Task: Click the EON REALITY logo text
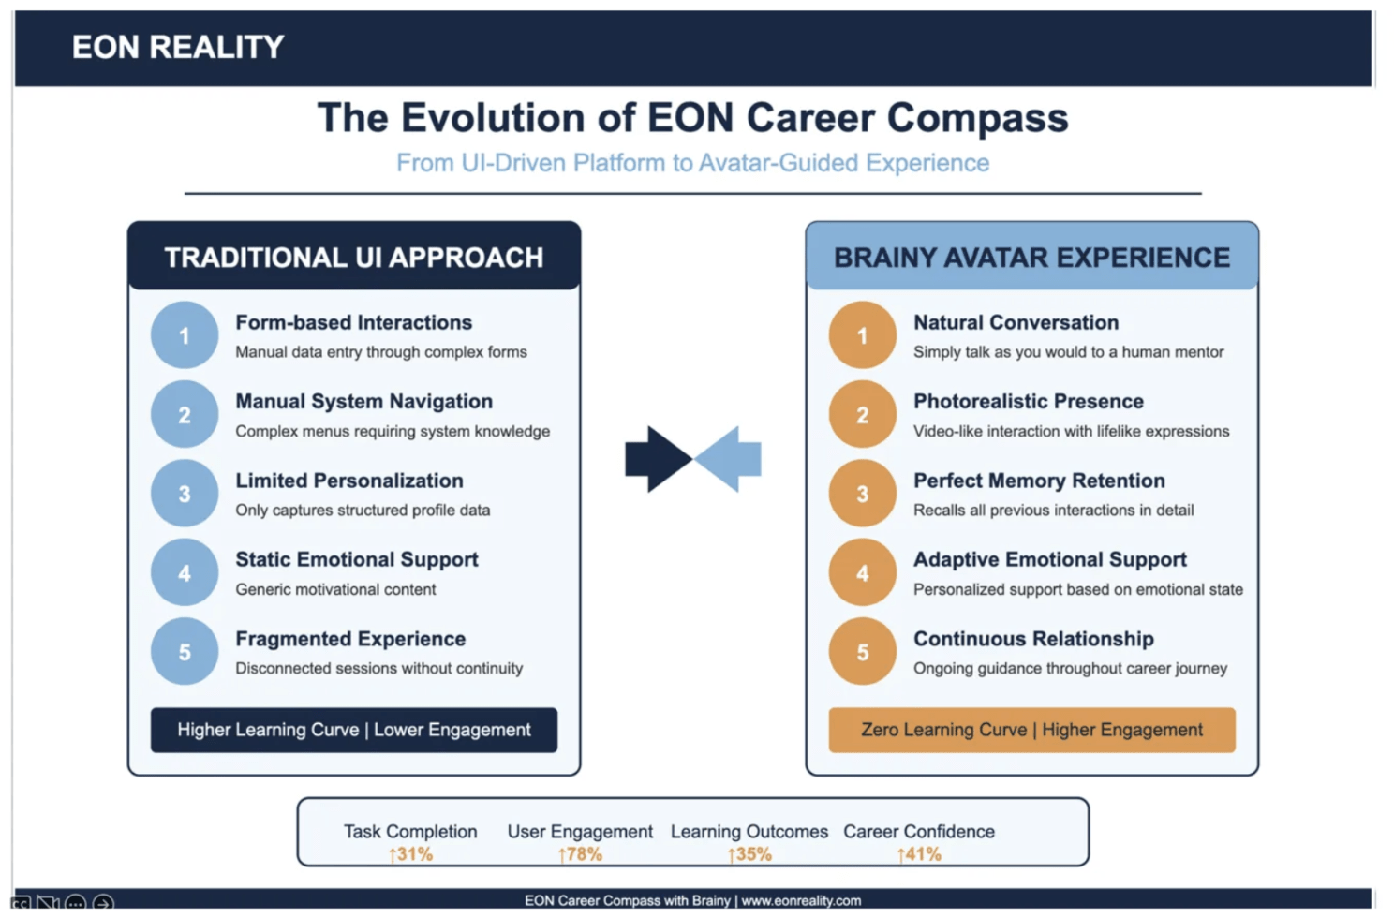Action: click(177, 47)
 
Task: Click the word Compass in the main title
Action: click(978, 118)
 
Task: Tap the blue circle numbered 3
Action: click(185, 493)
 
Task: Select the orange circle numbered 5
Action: click(862, 651)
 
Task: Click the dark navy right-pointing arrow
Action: click(659, 459)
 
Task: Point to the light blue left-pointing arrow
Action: click(728, 459)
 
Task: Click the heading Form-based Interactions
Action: click(353, 322)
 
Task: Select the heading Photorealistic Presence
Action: click(1028, 402)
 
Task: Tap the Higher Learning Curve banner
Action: click(353, 730)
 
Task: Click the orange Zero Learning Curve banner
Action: click(1031, 730)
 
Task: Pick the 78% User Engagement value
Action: click(580, 854)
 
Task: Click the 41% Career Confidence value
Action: click(919, 854)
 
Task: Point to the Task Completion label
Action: click(410, 832)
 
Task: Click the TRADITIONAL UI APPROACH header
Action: click(353, 258)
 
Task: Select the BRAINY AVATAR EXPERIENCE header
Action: click(1031, 258)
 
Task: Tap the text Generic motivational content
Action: click(335, 589)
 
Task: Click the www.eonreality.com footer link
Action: click(801, 900)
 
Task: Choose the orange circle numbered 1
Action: click(862, 334)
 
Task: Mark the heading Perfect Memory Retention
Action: click(1039, 481)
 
